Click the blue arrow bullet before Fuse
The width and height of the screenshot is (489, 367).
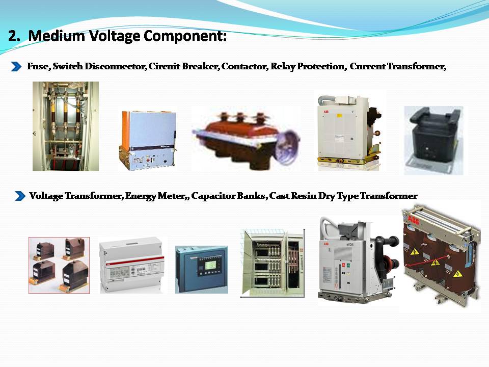click(17, 67)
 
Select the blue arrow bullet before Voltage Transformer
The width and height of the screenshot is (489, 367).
click(20, 196)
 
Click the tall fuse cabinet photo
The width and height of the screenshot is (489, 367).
click(66, 126)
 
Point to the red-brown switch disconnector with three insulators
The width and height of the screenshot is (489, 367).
click(244, 138)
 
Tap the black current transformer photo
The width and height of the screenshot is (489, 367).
click(433, 140)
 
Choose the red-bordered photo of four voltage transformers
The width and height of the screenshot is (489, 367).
click(59, 265)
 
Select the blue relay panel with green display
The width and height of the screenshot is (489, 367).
click(201, 269)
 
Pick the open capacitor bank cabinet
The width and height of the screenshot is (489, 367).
click(272, 262)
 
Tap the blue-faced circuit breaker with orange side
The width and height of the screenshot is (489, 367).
click(148, 139)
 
